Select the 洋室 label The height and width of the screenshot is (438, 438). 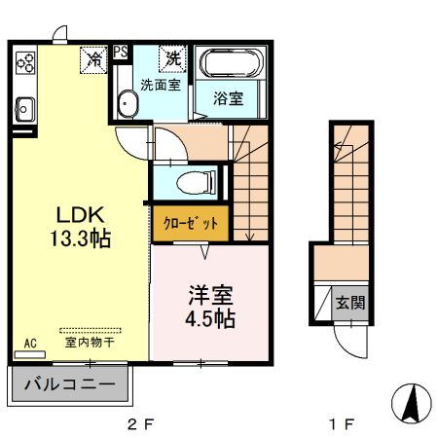pos(209,292)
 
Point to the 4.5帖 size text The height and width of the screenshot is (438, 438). pos(209,317)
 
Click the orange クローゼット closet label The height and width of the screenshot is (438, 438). pos(191,223)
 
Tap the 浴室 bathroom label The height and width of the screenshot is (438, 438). pos(228,97)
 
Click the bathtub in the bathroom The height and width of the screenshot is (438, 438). pos(229,66)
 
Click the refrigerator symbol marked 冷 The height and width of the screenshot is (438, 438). pos(94,59)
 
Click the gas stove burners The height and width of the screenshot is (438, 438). pos(25,64)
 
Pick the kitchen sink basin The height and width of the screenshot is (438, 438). pos(23,107)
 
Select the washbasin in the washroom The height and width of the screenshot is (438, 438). pos(126,103)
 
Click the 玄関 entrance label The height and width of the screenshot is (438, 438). pos(352,303)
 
